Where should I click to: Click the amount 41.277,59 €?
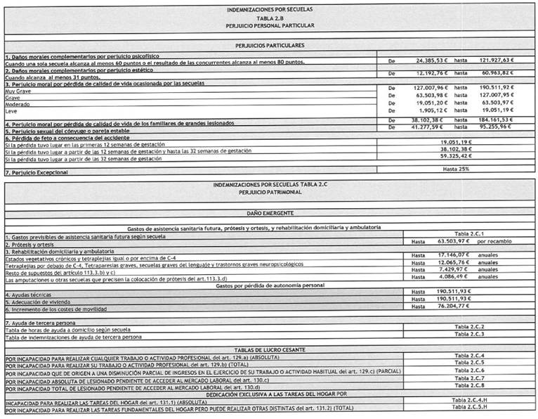(424, 127)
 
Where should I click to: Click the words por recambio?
(502, 240)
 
